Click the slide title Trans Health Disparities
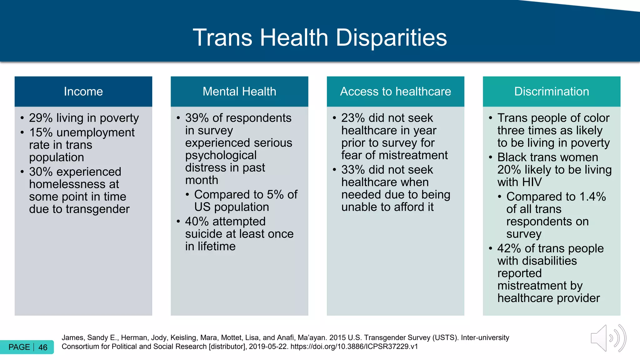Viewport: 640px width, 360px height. [x=320, y=37]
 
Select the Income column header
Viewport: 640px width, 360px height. [x=83, y=92]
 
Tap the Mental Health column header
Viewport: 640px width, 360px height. [x=239, y=92]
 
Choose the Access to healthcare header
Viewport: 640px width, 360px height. [x=395, y=92]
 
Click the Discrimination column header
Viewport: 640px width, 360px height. [x=552, y=92]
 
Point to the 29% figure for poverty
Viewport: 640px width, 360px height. [x=41, y=118]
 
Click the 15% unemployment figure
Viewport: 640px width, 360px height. [x=41, y=133]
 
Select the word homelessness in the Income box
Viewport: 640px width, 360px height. [x=74, y=184]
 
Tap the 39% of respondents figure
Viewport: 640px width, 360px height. [x=197, y=118]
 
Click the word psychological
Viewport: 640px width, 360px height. [x=221, y=155]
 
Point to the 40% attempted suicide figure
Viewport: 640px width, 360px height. [x=197, y=222]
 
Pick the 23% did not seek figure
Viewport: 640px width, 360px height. [x=353, y=118]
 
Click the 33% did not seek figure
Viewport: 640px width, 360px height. [x=353, y=170]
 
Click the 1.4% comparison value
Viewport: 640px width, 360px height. [x=592, y=197]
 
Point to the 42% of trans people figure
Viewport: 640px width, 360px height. [x=509, y=248]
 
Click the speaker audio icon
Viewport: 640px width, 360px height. [x=608, y=338]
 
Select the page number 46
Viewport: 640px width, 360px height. [x=43, y=347]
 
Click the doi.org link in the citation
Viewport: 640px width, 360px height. [x=354, y=347]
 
